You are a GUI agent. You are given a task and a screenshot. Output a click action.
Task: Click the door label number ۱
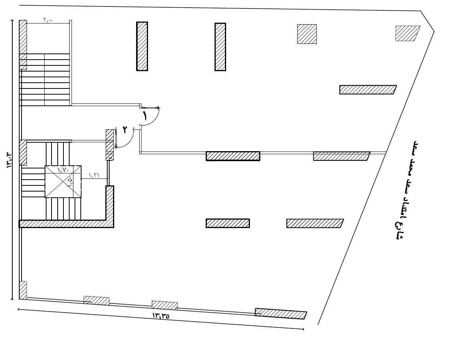[x=145, y=115]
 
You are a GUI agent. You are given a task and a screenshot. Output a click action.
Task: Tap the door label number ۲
[x=125, y=130]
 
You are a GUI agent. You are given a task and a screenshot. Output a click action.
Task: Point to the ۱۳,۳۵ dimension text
[x=161, y=316]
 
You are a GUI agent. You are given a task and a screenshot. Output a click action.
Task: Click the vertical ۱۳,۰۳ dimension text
[x=9, y=158]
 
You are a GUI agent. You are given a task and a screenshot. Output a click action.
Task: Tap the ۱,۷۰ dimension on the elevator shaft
[x=63, y=169]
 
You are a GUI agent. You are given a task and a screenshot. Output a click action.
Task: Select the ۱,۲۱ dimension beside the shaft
[x=94, y=175]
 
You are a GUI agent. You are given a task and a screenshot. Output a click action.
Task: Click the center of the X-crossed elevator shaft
[x=63, y=182]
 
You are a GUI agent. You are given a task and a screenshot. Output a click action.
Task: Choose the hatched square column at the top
[x=307, y=34]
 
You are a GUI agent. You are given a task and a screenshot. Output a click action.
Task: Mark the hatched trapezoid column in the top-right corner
[x=407, y=33]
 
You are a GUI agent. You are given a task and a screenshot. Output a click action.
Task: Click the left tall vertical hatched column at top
[x=142, y=46]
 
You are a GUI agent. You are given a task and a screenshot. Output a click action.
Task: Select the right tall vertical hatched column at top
[x=220, y=47]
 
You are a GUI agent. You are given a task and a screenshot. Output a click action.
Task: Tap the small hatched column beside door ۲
[x=110, y=144]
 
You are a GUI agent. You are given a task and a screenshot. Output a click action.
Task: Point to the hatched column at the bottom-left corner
[x=23, y=290]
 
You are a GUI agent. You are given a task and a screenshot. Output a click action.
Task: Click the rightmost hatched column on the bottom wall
[x=281, y=313]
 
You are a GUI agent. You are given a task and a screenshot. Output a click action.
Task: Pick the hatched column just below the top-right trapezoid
[x=368, y=90]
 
